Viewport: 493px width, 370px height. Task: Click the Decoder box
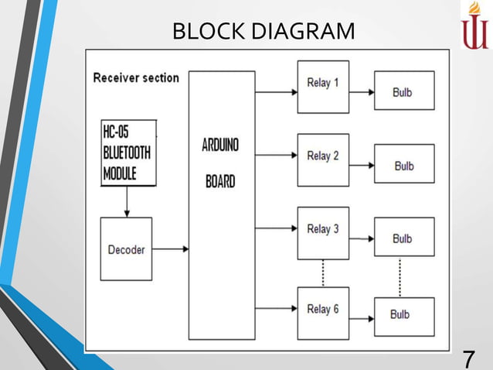pyautogui.click(x=126, y=249)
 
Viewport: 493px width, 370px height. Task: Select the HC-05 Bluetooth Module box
pyautogui.click(x=128, y=152)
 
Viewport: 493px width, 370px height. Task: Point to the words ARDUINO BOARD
pyautogui.click(x=220, y=164)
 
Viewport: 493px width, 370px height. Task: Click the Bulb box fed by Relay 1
pyautogui.click(x=404, y=91)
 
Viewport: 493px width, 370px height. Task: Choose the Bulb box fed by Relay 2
pyautogui.click(x=404, y=164)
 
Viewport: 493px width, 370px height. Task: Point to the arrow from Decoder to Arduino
pyautogui.click(x=171, y=249)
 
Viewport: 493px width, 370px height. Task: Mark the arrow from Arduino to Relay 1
pyautogui.click(x=276, y=91)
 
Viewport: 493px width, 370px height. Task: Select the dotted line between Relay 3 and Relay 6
pyautogui.click(x=323, y=273)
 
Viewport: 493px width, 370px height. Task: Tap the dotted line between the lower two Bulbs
pyautogui.click(x=399, y=276)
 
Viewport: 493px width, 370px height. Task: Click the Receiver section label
pyautogui.click(x=136, y=77)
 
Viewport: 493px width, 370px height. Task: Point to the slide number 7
pyautogui.click(x=468, y=358)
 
